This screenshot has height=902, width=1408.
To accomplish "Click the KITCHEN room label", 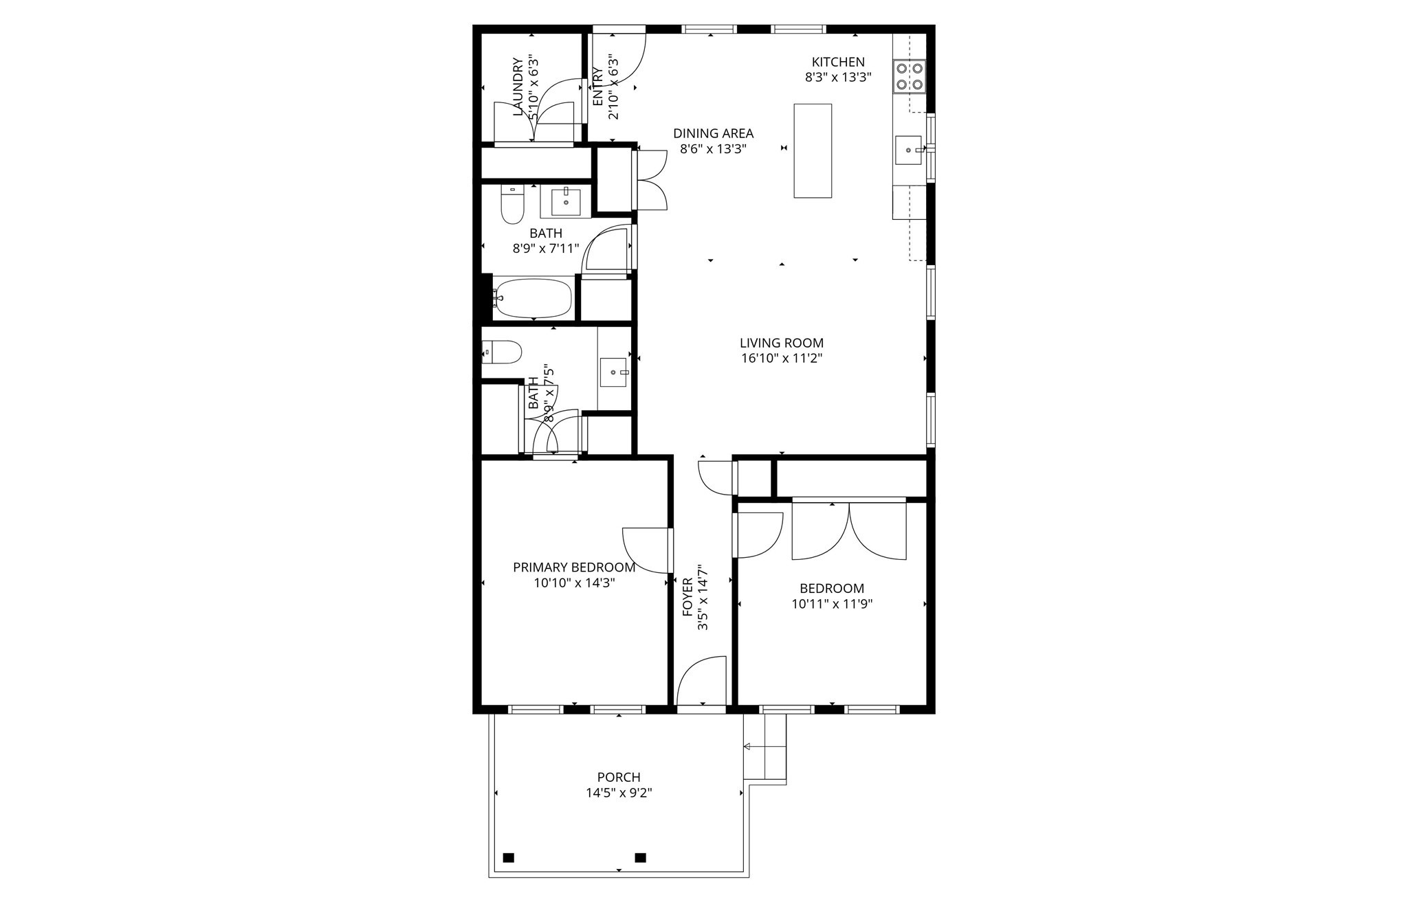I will coord(838,62).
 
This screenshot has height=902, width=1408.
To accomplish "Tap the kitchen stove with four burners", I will coord(909,76).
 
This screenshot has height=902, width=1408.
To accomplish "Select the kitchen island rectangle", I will coord(813,150).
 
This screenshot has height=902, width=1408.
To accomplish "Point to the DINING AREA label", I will coord(713,133).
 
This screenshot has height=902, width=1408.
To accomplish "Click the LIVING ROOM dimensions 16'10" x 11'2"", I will coord(781,358).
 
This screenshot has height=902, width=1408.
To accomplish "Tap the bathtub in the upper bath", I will coord(533,298).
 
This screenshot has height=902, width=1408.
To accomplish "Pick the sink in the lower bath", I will coord(613,372).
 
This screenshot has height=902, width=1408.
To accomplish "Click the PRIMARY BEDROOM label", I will coord(574,567).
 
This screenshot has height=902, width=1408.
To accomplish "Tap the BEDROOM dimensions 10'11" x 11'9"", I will coord(832,604).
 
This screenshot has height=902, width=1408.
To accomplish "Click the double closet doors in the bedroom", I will coord(849,532).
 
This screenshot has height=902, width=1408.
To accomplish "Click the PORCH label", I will coord(619,777).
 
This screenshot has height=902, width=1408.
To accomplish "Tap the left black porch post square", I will coord(509,857).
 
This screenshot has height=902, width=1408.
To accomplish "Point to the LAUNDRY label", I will coord(518,86).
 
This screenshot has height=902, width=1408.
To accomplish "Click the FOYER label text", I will coord(687,596).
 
